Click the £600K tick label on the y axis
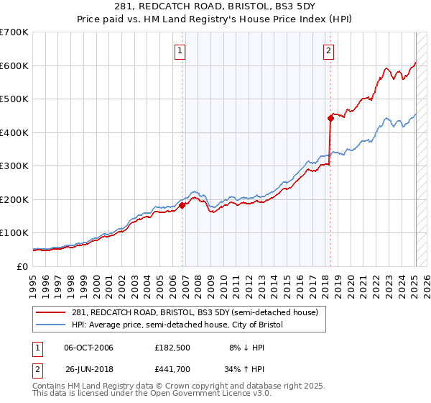[x=14, y=65]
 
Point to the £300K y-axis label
[x=14, y=166]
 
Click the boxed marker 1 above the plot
[x=179, y=50]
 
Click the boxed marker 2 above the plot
[x=328, y=50]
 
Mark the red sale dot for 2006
[x=182, y=205]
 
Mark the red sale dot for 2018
[x=330, y=118]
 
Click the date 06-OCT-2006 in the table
[x=89, y=348]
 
